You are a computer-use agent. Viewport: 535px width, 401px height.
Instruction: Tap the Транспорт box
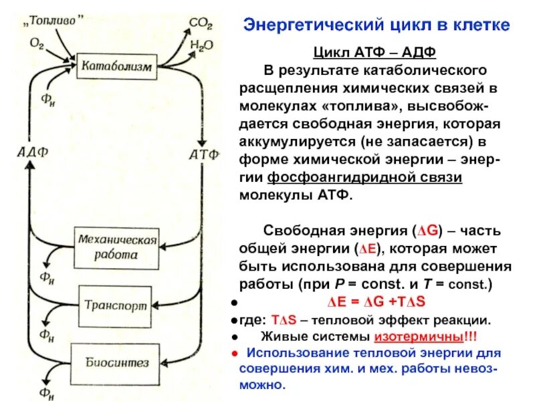(115, 303)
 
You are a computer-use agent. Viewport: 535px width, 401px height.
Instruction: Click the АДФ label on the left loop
(31, 152)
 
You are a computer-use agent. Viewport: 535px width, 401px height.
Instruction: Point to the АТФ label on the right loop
(204, 154)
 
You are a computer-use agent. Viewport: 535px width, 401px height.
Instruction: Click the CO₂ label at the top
(200, 24)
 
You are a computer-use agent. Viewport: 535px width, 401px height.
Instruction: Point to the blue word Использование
(298, 353)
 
